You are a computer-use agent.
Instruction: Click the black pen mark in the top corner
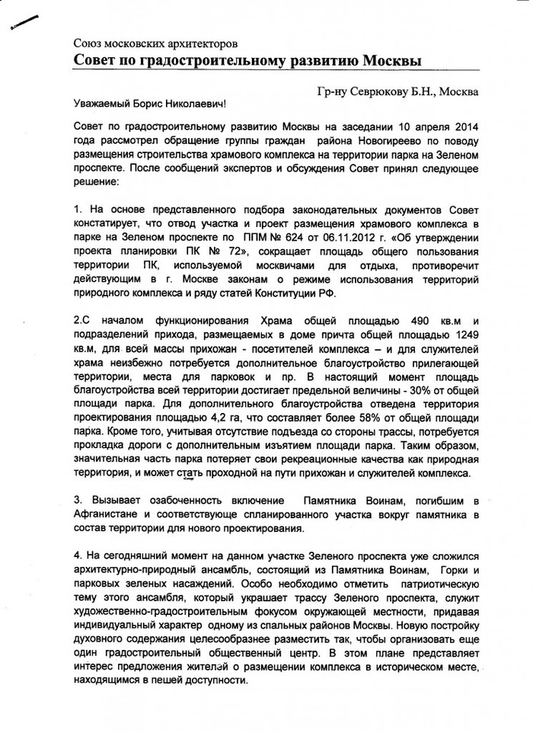pos(24,24)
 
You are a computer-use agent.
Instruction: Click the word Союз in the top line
pos(88,44)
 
